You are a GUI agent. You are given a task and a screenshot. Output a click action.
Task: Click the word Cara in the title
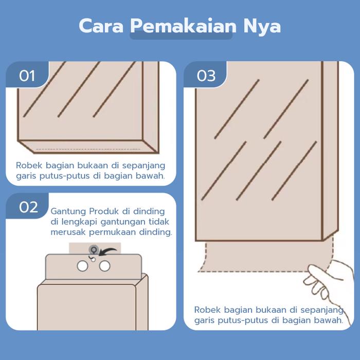[101, 26]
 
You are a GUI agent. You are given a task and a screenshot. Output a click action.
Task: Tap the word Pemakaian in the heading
[184, 26]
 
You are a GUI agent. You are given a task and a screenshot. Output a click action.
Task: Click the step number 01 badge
[27, 76]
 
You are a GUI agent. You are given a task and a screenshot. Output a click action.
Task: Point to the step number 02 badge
[28, 207]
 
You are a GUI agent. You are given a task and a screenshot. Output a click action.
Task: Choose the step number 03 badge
[206, 76]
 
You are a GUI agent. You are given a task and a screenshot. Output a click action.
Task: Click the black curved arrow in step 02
[107, 251]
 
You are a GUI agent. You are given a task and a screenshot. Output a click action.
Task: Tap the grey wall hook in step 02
[94, 249]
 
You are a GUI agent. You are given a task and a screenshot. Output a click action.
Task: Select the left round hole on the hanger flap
[82, 266]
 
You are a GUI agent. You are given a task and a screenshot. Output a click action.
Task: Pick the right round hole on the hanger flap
[104, 266]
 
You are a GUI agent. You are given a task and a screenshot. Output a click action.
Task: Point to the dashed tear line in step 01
[88, 149]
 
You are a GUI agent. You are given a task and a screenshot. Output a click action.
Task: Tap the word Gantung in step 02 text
[68, 211]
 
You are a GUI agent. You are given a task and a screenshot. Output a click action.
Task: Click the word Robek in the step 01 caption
[29, 165]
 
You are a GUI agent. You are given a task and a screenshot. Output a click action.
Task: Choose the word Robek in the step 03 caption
[207, 310]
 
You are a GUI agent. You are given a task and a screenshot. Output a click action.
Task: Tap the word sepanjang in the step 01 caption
[143, 166]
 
